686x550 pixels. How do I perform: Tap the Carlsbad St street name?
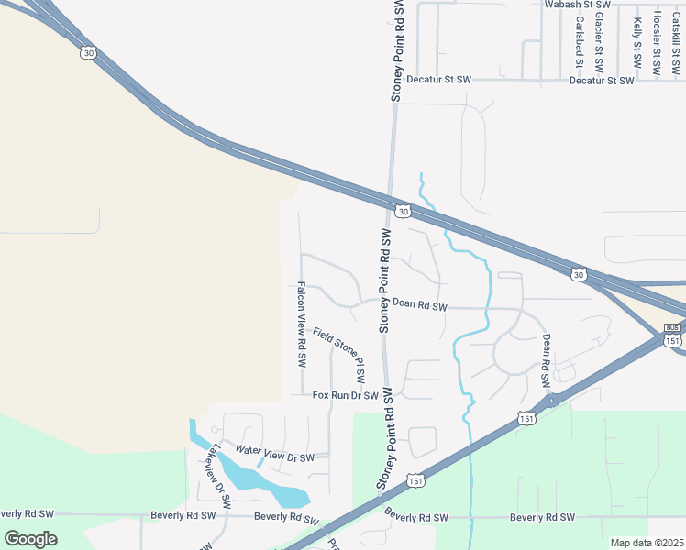point(580,43)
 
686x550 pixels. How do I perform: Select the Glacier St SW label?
point(598,42)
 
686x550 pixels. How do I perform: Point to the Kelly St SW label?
point(636,43)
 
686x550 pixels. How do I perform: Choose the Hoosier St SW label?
point(657,42)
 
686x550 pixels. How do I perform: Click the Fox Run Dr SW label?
point(345,396)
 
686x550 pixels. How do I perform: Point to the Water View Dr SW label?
point(274,453)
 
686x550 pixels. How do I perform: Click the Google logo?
point(31,538)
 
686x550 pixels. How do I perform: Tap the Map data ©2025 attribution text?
point(646,543)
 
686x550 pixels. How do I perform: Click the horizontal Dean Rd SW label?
point(419,305)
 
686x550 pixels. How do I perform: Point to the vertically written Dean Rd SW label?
point(545,358)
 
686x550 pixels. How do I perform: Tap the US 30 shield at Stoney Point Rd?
point(403,211)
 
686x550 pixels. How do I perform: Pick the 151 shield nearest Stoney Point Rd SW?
point(416,480)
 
